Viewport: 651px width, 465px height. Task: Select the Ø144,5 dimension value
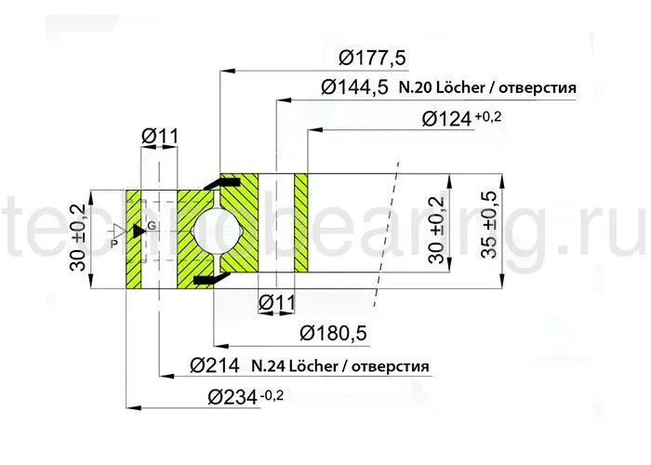pos(353,88)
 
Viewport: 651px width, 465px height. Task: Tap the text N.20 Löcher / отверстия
pos(487,89)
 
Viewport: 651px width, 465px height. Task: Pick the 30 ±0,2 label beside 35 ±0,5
pos(435,231)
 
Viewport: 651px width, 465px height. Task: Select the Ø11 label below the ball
pos(276,302)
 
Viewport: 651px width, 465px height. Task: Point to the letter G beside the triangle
pos(152,227)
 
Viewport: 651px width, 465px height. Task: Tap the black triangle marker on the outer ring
pos(139,230)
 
